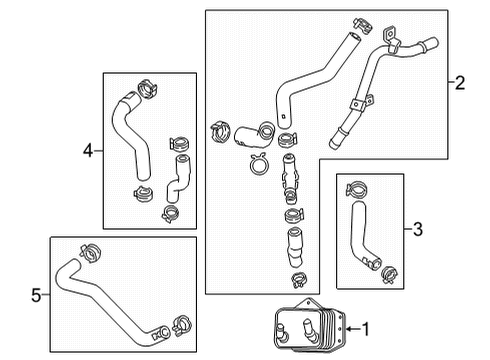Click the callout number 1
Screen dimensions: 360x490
click(365, 327)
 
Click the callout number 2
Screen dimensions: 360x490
click(459, 84)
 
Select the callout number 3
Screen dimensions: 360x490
click(418, 229)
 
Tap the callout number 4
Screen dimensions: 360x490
click(88, 151)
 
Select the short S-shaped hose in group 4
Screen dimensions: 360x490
click(179, 177)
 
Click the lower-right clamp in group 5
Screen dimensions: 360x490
click(181, 323)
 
